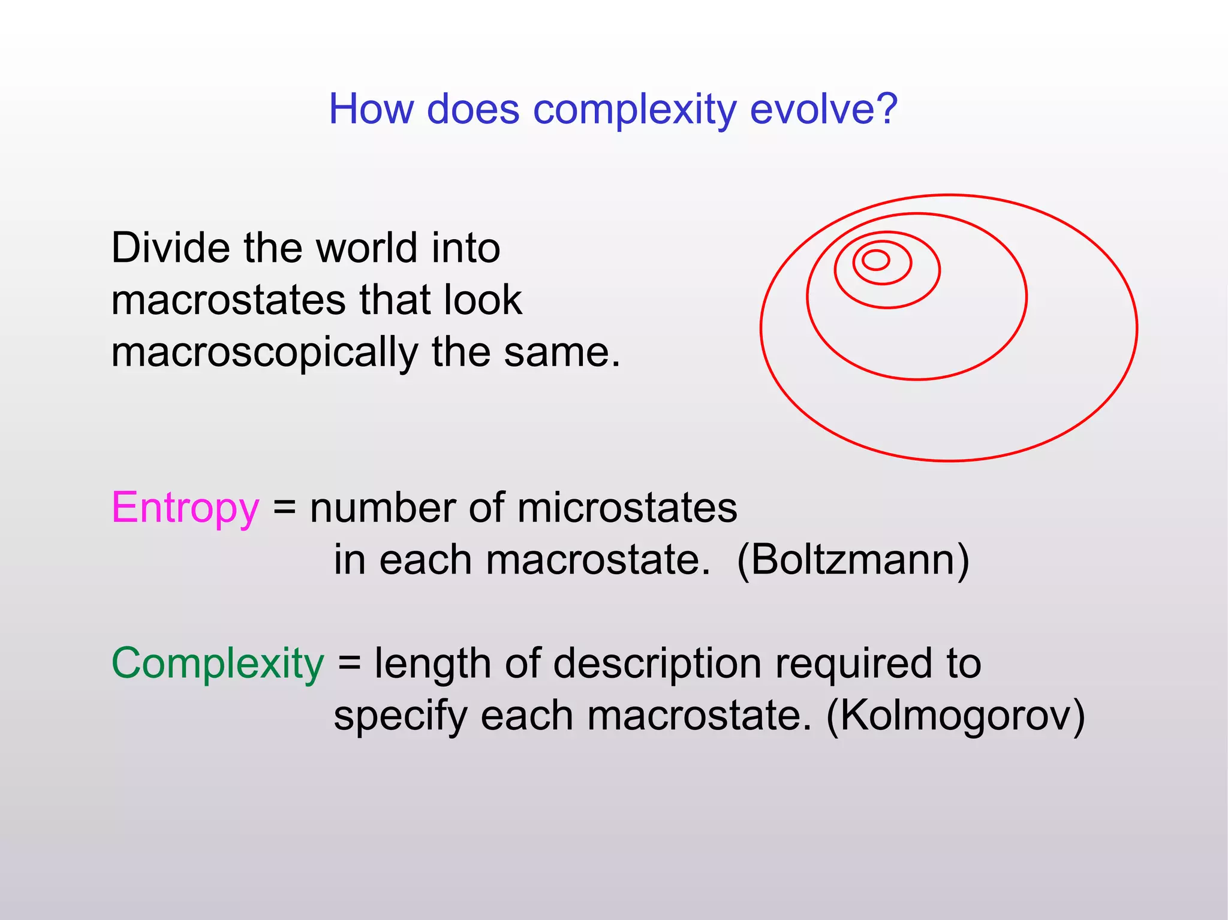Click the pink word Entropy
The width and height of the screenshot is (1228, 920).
[x=185, y=508]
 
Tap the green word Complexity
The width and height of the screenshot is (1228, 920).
[x=218, y=664]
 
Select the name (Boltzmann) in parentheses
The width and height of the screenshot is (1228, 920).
[x=853, y=560]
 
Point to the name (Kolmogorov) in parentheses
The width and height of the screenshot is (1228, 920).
[x=955, y=716]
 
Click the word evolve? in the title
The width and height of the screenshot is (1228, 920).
[x=823, y=109]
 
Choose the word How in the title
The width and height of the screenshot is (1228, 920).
[x=372, y=109]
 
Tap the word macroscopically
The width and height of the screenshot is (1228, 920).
[x=264, y=353]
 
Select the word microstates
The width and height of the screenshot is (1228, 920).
[x=627, y=508]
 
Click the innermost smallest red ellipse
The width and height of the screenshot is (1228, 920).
[x=875, y=260]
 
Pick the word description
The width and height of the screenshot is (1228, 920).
[x=657, y=664]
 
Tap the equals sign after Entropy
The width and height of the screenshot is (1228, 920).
[x=285, y=508]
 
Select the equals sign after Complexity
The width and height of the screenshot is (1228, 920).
[x=350, y=664]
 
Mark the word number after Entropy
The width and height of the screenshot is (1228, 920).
[x=383, y=508]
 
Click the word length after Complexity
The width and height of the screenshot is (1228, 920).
[x=432, y=664]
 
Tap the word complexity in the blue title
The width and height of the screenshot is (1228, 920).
[x=634, y=110]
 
